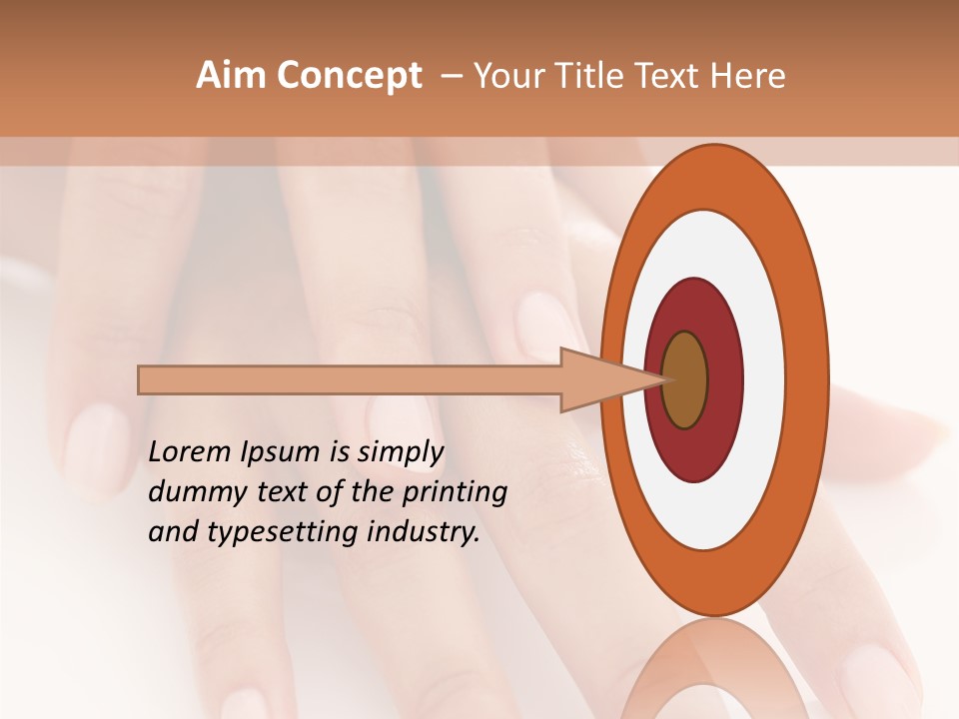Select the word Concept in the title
click(349, 77)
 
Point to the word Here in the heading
click(747, 76)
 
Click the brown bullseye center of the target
click(685, 379)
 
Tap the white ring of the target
click(764, 379)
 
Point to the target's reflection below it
click(713, 669)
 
